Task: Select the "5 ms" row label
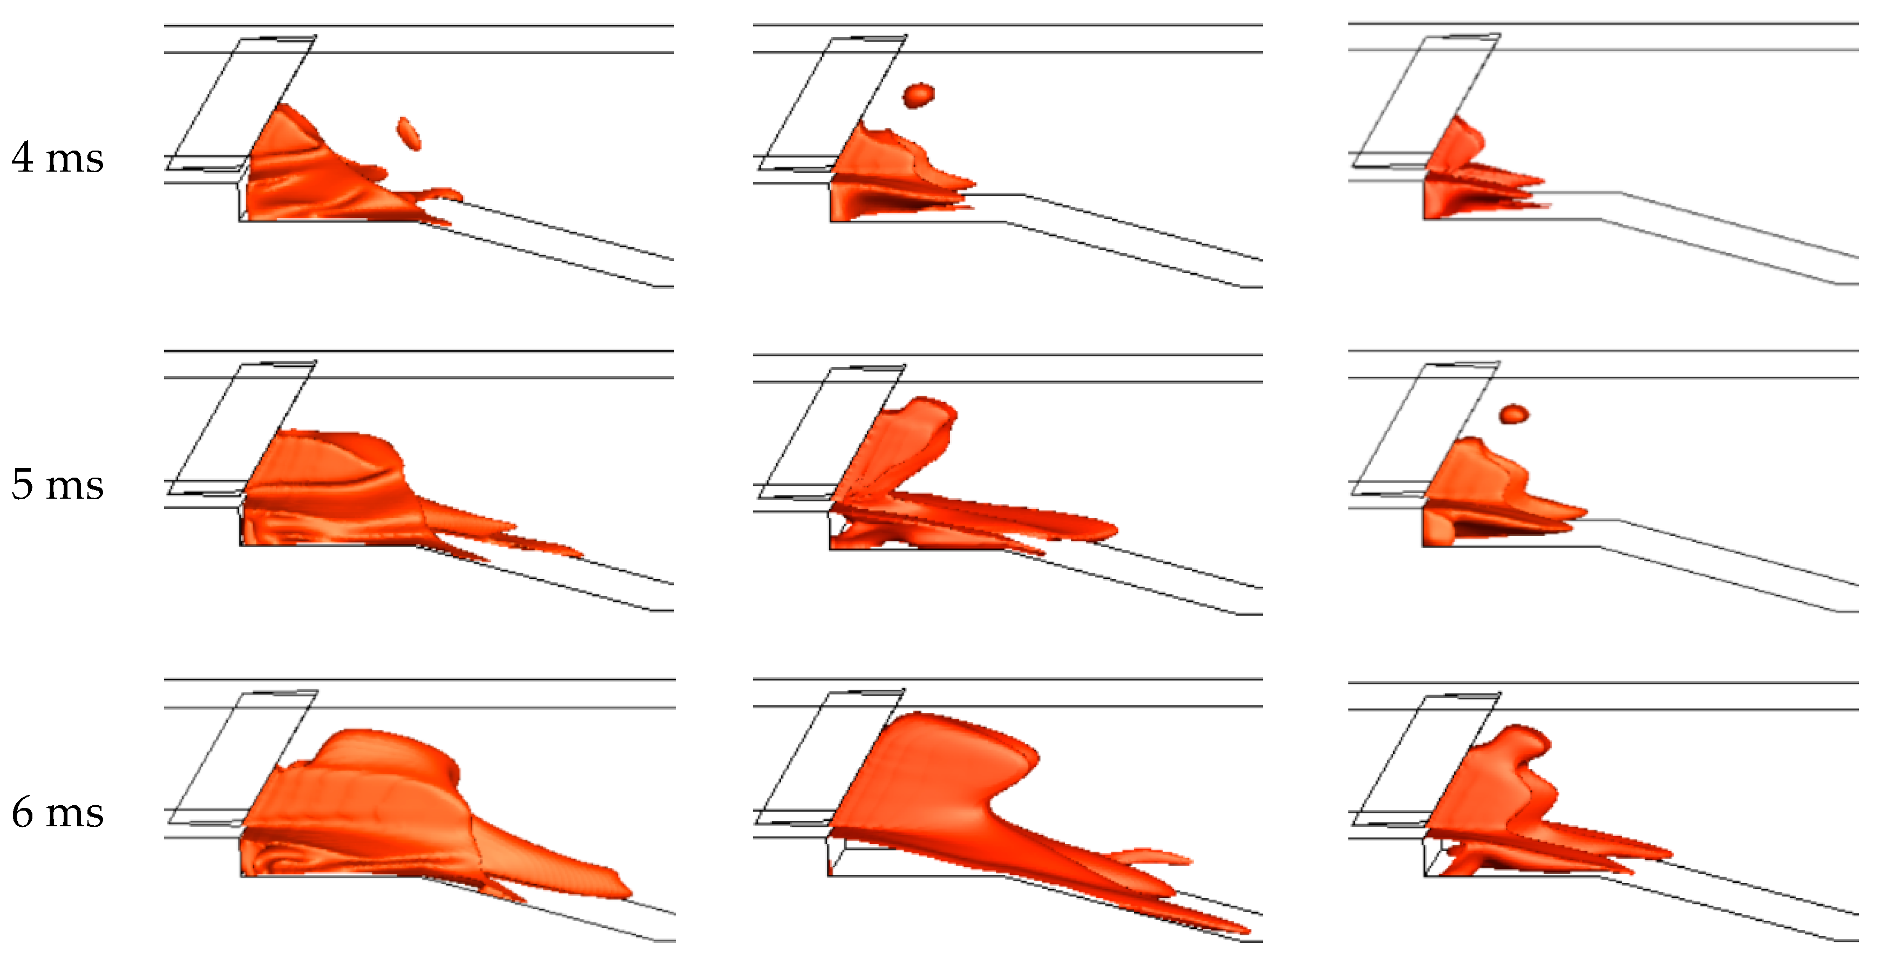58,484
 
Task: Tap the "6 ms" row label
58,812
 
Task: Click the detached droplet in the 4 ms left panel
409,133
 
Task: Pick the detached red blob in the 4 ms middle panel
919,94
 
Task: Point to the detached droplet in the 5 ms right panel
1514,414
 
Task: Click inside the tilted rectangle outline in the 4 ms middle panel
835,103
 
